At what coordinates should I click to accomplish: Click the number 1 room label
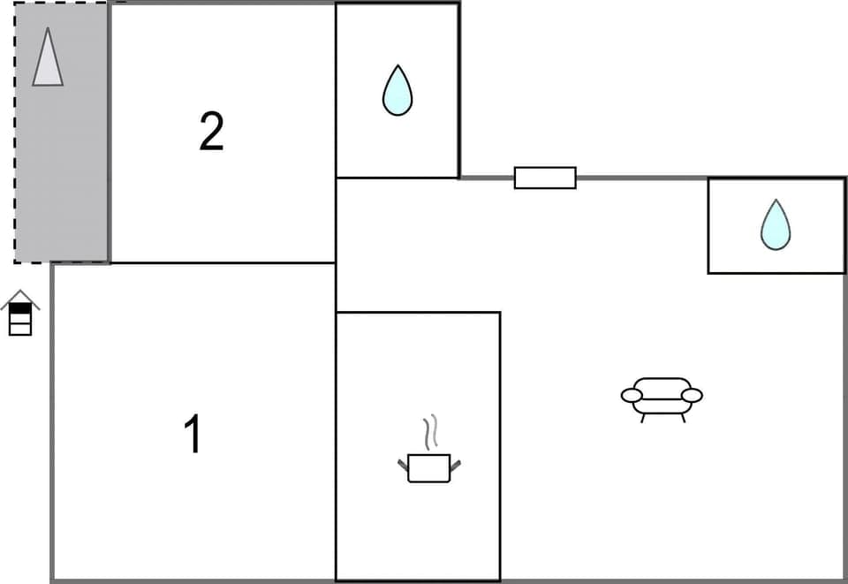point(193,435)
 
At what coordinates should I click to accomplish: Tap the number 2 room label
point(211,132)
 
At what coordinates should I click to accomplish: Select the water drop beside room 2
point(397,91)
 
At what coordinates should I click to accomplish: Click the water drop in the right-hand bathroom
point(776,225)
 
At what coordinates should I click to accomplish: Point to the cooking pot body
point(429,468)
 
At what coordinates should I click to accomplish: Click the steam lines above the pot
point(430,433)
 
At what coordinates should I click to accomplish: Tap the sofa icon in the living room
point(662,396)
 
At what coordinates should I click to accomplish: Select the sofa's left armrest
point(632,395)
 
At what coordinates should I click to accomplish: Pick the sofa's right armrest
point(693,395)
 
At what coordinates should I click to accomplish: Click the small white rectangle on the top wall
point(545,178)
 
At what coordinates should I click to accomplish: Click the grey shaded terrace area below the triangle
point(61,177)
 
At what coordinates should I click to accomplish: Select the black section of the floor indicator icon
point(19,308)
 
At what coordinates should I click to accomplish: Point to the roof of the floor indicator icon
point(19,296)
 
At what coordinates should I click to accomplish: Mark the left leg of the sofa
point(643,418)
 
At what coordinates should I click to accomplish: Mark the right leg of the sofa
point(682,418)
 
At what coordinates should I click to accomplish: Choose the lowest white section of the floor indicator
point(19,330)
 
